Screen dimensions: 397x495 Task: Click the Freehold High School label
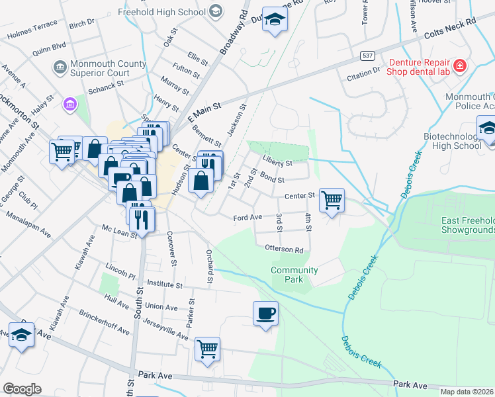point(161,12)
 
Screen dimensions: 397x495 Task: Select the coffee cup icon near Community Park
point(265,314)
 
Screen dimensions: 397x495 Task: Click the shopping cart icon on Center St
point(332,200)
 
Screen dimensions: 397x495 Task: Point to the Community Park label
point(294,275)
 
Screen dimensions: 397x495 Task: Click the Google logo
point(22,388)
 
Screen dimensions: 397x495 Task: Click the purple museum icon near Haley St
point(69,104)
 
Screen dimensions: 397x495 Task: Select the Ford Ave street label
point(247,217)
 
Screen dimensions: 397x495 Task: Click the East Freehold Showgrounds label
point(468,225)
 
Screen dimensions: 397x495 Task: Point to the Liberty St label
point(277,163)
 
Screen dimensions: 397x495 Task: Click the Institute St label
point(165,285)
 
